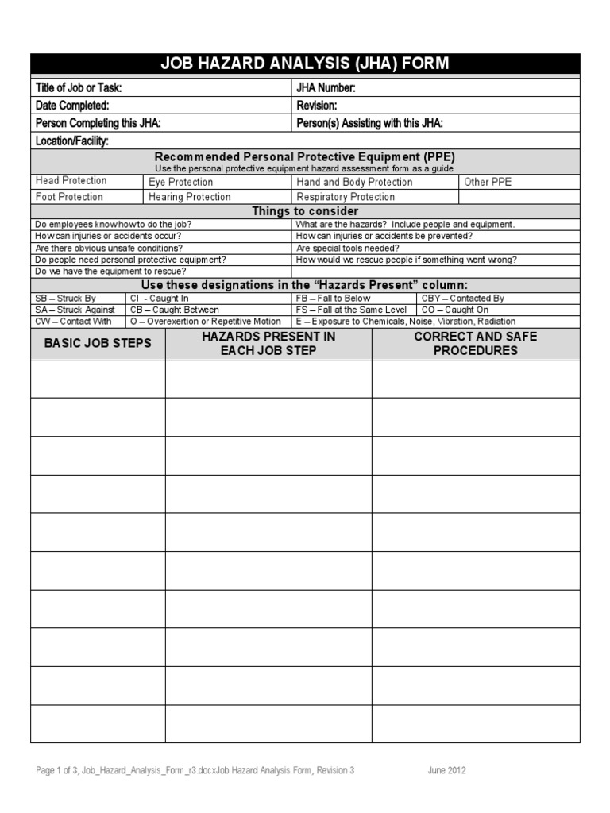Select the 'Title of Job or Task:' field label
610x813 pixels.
pyautogui.click(x=79, y=88)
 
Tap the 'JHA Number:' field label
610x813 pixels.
pyautogui.click(x=326, y=88)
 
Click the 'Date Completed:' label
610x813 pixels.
pyautogui.click(x=72, y=106)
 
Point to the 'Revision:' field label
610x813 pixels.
pyautogui.click(x=317, y=106)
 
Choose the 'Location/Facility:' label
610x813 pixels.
pyautogui.click(x=72, y=141)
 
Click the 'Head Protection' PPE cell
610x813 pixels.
pyautogui.click(x=71, y=181)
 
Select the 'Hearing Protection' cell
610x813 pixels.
pyautogui.click(x=190, y=197)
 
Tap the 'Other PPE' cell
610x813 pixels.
pyautogui.click(x=488, y=182)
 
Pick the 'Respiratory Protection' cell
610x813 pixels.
pyautogui.click(x=346, y=197)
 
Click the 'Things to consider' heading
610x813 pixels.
pyautogui.click(x=305, y=211)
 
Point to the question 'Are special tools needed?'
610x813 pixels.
pyautogui.click(x=348, y=248)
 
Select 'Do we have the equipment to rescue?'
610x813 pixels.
pyautogui.click(x=111, y=271)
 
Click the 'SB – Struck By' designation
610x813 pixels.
pyautogui.click(x=65, y=299)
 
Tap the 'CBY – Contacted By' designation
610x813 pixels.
pyautogui.click(x=463, y=299)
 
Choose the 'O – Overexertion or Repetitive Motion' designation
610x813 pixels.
pyautogui.click(x=205, y=322)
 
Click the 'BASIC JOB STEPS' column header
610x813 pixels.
pyautogui.click(x=98, y=344)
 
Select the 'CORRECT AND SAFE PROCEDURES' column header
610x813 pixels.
pyautogui.click(x=475, y=344)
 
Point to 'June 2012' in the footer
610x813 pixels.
pyautogui.click(x=446, y=770)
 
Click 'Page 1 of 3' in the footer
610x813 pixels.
pyautogui.click(x=57, y=770)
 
